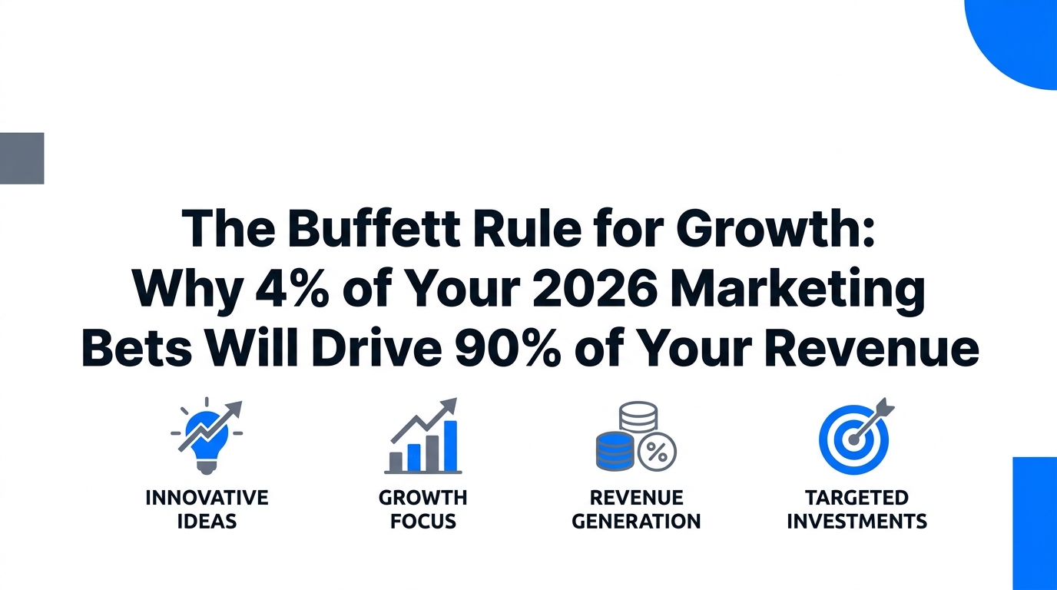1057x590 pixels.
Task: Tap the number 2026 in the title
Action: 593,288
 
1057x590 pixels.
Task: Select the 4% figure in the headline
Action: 292,289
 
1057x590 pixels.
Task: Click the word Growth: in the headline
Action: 776,228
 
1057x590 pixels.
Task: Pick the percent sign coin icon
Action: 657,452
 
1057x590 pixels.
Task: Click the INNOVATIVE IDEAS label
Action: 207,509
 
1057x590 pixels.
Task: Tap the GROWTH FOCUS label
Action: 422,509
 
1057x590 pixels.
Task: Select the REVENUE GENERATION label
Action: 636,509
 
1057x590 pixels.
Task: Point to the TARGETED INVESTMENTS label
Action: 857,509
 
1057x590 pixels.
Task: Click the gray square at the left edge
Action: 22,158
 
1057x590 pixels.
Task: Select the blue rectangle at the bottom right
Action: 1035,523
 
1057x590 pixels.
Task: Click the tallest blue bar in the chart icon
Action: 451,446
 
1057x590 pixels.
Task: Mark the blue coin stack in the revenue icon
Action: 615,452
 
